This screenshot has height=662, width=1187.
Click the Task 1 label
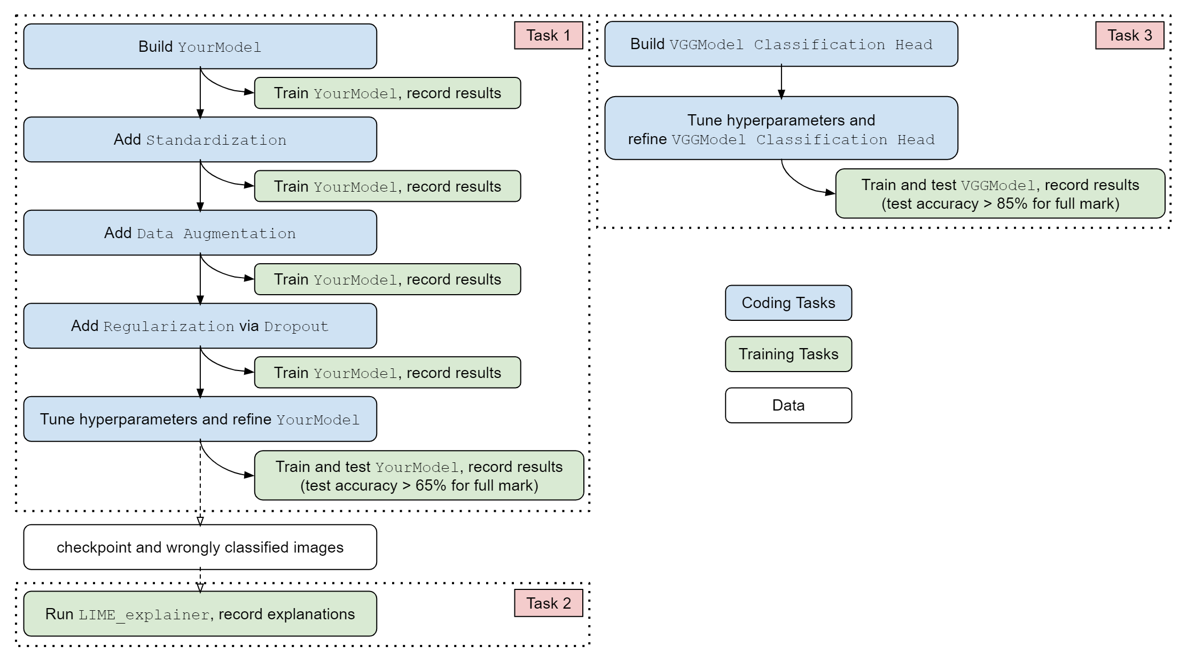pyautogui.click(x=548, y=35)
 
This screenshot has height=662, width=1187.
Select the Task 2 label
pyautogui.click(x=548, y=603)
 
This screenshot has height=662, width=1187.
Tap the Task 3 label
pyautogui.click(x=1129, y=35)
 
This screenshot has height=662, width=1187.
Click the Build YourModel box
pyautogui.click(x=200, y=46)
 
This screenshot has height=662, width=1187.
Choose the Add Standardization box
pyautogui.click(x=200, y=139)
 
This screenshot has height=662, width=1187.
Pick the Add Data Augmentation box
pyautogui.click(x=200, y=233)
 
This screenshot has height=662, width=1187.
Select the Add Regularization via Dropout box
pyautogui.click(x=200, y=326)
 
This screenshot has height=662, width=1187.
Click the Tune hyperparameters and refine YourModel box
pyautogui.click(x=200, y=419)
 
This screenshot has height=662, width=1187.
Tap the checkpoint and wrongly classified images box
pyautogui.click(x=200, y=547)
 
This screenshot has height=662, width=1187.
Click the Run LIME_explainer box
pyautogui.click(x=200, y=614)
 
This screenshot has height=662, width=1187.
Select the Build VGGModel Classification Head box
pyautogui.click(x=781, y=44)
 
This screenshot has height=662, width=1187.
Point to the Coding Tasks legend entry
pyautogui.click(x=788, y=303)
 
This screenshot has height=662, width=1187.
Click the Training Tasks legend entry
pyautogui.click(x=788, y=354)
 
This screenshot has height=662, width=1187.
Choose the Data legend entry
pyautogui.click(x=788, y=405)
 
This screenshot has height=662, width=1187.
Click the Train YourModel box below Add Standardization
pyautogui.click(x=387, y=186)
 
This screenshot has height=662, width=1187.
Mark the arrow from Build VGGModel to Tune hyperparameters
pyautogui.click(x=781, y=82)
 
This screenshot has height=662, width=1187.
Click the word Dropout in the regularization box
pyautogui.click(x=296, y=326)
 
